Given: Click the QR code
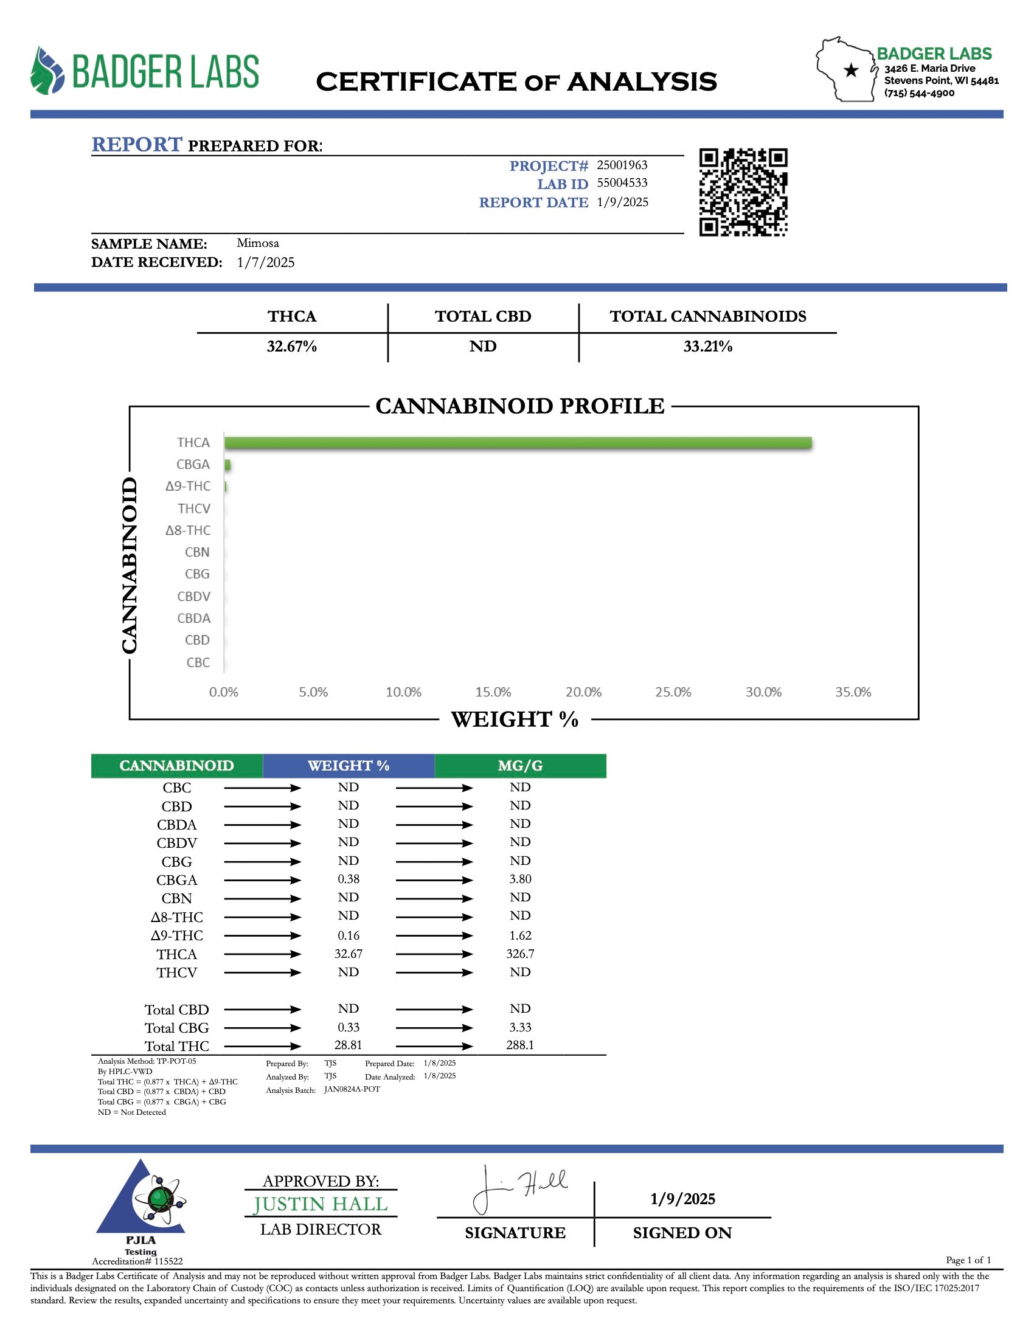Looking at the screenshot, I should click(743, 192).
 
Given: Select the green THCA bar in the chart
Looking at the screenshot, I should click(518, 442).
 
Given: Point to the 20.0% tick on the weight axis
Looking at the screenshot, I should click(583, 692).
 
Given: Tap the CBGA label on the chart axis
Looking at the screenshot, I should click(193, 465).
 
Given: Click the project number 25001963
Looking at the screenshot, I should click(622, 165).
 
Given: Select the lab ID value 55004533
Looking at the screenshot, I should click(622, 182).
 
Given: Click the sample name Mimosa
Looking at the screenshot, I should click(258, 243).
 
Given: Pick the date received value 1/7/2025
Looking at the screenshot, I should click(265, 262).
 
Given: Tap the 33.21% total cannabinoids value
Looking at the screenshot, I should click(707, 346).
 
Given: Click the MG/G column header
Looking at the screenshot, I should click(520, 765).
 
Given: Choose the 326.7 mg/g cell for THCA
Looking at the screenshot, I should click(520, 954).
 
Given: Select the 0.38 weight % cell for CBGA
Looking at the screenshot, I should click(349, 879).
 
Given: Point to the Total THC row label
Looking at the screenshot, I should click(176, 1046).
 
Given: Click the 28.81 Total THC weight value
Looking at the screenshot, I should click(349, 1045).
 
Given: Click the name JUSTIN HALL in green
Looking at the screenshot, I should click(321, 1204).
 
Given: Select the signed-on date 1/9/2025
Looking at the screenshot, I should click(682, 1199).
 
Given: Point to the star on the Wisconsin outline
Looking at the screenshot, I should click(851, 71).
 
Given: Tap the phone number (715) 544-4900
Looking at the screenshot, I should click(919, 93).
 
